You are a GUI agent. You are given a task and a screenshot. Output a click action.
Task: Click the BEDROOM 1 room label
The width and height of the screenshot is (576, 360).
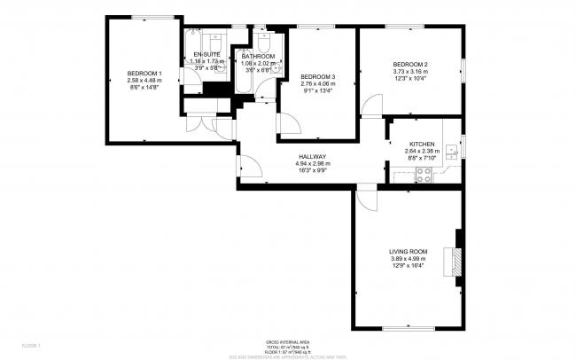(144, 73)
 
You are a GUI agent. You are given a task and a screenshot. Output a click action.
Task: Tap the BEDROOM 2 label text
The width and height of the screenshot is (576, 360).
(410, 65)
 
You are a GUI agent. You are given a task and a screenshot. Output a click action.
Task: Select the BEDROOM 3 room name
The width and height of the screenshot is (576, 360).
(317, 74)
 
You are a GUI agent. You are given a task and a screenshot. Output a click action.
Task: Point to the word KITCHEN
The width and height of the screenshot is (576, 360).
(421, 144)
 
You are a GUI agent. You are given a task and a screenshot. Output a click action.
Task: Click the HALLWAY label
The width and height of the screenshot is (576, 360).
(314, 156)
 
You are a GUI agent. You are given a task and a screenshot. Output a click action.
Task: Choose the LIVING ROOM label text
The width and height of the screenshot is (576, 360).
(408, 252)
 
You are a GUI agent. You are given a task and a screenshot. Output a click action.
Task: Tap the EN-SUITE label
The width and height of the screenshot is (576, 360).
(206, 55)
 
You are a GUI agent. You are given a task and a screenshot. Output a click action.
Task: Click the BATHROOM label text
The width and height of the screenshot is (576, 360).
(258, 57)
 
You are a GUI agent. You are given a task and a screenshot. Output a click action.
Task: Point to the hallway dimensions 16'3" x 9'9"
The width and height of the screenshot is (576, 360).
(314, 170)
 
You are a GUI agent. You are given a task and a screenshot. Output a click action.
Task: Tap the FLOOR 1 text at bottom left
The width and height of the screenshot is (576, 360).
(31, 344)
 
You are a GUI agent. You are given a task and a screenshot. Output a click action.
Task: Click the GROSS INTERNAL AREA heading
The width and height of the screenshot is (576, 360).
(287, 341)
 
